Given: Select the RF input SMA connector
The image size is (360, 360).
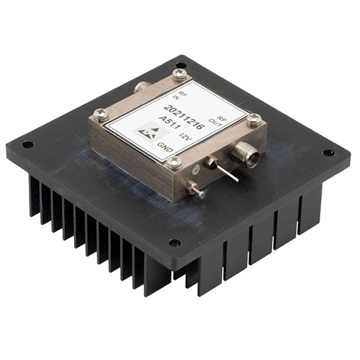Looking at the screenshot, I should click(x=144, y=86).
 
